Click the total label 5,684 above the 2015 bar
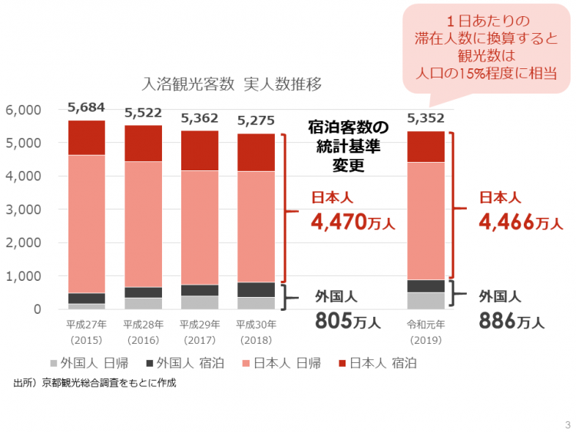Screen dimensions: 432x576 click(86, 107)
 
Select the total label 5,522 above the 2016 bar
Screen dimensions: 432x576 click(143, 112)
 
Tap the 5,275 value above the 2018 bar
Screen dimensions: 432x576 click(256, 120)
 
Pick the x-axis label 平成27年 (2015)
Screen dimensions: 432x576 click(86, 331)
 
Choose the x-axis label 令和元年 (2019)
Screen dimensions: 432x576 click(425, 331)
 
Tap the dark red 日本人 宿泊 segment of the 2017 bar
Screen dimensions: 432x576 click(200, 150)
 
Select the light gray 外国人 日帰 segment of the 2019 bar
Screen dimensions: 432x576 click(425, 301)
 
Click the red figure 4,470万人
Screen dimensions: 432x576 click(353, 223)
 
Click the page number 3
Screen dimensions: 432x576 click(567, 424)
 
